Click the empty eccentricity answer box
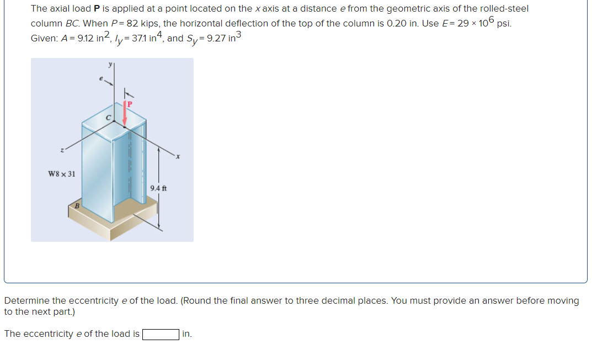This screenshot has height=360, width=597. [x=161, y=334]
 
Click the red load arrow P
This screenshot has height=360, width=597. [x=125, y=114]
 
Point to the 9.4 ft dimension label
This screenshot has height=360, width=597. [x=158, y=188]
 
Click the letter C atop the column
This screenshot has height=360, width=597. [x=109, y=117]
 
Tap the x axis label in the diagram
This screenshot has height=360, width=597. [x=178, y=157]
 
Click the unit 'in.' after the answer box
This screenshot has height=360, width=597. [x=187, y=334]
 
